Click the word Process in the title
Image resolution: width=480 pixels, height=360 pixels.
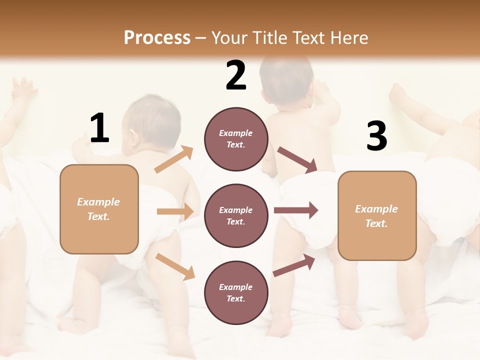157,38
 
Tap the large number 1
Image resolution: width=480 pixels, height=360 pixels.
99,128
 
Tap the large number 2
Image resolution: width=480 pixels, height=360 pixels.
236,75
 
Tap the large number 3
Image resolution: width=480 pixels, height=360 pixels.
376,136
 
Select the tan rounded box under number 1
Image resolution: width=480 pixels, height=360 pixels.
99,209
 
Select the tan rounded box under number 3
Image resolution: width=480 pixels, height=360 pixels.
377,216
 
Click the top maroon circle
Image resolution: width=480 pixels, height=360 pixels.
236,139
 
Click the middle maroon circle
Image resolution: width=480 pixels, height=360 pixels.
236,215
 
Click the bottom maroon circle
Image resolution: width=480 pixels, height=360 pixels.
236,292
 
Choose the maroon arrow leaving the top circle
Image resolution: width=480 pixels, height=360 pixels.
297,159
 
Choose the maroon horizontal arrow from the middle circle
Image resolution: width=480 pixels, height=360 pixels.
295,210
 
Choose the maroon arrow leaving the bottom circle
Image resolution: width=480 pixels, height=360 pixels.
294,265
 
